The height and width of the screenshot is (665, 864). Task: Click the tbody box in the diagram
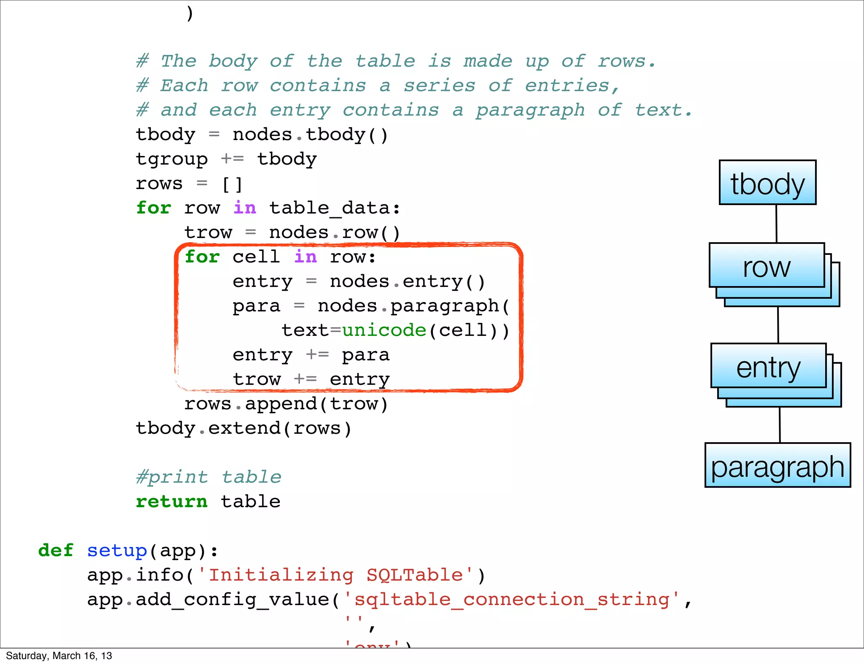click(767, 183)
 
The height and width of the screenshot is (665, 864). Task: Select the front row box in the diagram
click(767, 265)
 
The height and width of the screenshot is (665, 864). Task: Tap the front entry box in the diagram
click(768, 366)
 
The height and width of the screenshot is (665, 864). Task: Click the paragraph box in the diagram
click(778, 465)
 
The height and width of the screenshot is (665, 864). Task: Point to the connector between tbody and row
click(776, 224)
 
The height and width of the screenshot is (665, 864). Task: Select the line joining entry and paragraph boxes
click(780, 425)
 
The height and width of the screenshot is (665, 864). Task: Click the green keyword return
click(172, 502)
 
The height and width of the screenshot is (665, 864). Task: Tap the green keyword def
click(56, 551)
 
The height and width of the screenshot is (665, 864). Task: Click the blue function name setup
click(117, 551)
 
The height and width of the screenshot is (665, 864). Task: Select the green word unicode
click(384, 330)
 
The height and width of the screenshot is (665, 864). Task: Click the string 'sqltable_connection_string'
click(512, 600)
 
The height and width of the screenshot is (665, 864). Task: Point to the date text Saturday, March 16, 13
click(59, 656)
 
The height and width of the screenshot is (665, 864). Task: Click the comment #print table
click(208, 477)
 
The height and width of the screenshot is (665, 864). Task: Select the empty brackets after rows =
click(232, 184)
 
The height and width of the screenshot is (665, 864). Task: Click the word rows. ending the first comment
click(626, 62)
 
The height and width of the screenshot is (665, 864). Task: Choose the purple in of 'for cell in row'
click(305, 257)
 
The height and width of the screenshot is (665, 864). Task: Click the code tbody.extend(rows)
click(243, 429)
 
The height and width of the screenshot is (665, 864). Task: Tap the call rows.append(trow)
click(286, 404)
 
